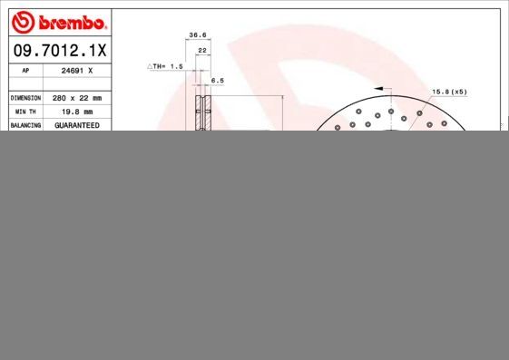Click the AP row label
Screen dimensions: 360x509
click(25, 69)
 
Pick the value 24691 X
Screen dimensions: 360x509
click(77, 69)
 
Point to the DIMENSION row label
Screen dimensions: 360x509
click(25, 97)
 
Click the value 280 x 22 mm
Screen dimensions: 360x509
click(77, 97)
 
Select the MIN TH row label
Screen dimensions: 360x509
click(25, 111)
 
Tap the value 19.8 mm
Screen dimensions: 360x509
click(77, 111)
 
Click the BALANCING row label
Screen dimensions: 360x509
click(25, 125)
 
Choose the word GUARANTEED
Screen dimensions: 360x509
click(77, 125)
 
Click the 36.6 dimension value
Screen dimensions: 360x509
click(195, 34)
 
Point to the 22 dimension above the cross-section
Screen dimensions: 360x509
click(202, 50)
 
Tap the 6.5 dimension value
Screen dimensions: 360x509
click(217, 81)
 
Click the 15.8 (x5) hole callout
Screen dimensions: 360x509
click(448, 92)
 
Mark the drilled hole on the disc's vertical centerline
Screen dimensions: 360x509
click(391, 112)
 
